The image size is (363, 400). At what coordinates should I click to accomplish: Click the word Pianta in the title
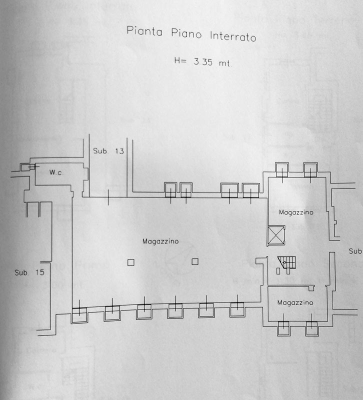click(x=144, y=31)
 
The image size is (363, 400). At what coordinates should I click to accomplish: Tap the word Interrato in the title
click(x=233, y=36)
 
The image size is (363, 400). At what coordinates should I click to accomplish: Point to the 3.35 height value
click(x=203, y=61)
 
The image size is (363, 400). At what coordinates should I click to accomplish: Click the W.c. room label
click(x=56, y=172)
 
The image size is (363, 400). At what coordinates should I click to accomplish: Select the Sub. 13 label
click(x=108, y=151)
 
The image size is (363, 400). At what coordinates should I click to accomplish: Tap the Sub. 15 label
click(x=29, y=272)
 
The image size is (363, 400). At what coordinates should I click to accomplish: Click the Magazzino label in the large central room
click(x=160, y=241)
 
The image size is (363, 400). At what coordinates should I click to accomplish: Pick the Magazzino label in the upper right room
click(x=296, y=212)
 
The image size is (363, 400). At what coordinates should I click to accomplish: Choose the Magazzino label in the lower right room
click(x=295, y=302)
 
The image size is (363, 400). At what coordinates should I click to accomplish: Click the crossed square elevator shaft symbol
click(x=276, y=235)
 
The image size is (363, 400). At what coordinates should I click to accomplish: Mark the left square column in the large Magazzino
click(x=131, y=262)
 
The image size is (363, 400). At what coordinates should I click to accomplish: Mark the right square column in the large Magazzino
click(x=195, y=261)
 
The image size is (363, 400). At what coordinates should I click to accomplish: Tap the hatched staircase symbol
click(x=287, y=262)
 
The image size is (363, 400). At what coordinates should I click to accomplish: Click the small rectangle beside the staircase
click(x=278, y=271)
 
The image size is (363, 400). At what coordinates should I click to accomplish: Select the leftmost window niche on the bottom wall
click(x=79, y=315)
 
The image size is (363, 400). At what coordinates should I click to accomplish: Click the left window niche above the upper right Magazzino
click(x=282, y=170)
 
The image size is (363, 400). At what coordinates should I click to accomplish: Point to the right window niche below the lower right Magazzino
click(x=312, y=328)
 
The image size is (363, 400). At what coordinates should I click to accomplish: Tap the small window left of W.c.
click(x=28, y=167)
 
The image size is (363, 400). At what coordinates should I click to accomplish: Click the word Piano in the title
click(x=186, y=33)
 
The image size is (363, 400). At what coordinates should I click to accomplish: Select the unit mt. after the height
click(x=225, y=63)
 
